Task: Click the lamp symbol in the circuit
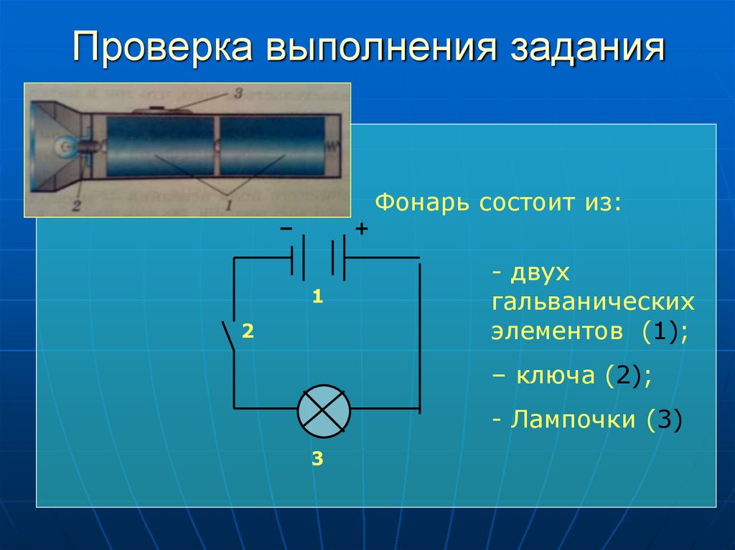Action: click(324, 410)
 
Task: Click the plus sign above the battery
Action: click(361, 229)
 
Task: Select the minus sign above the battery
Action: click(286, 229)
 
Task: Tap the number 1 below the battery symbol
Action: click(317, 296)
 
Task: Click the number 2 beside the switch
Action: click(248, 331)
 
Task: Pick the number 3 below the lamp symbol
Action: click(317, 459)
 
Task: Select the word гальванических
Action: click(594, 302)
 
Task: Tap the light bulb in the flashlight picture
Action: click(67, 146)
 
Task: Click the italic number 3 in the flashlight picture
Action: click(238, 94)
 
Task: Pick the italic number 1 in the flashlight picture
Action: click(228, 206)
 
